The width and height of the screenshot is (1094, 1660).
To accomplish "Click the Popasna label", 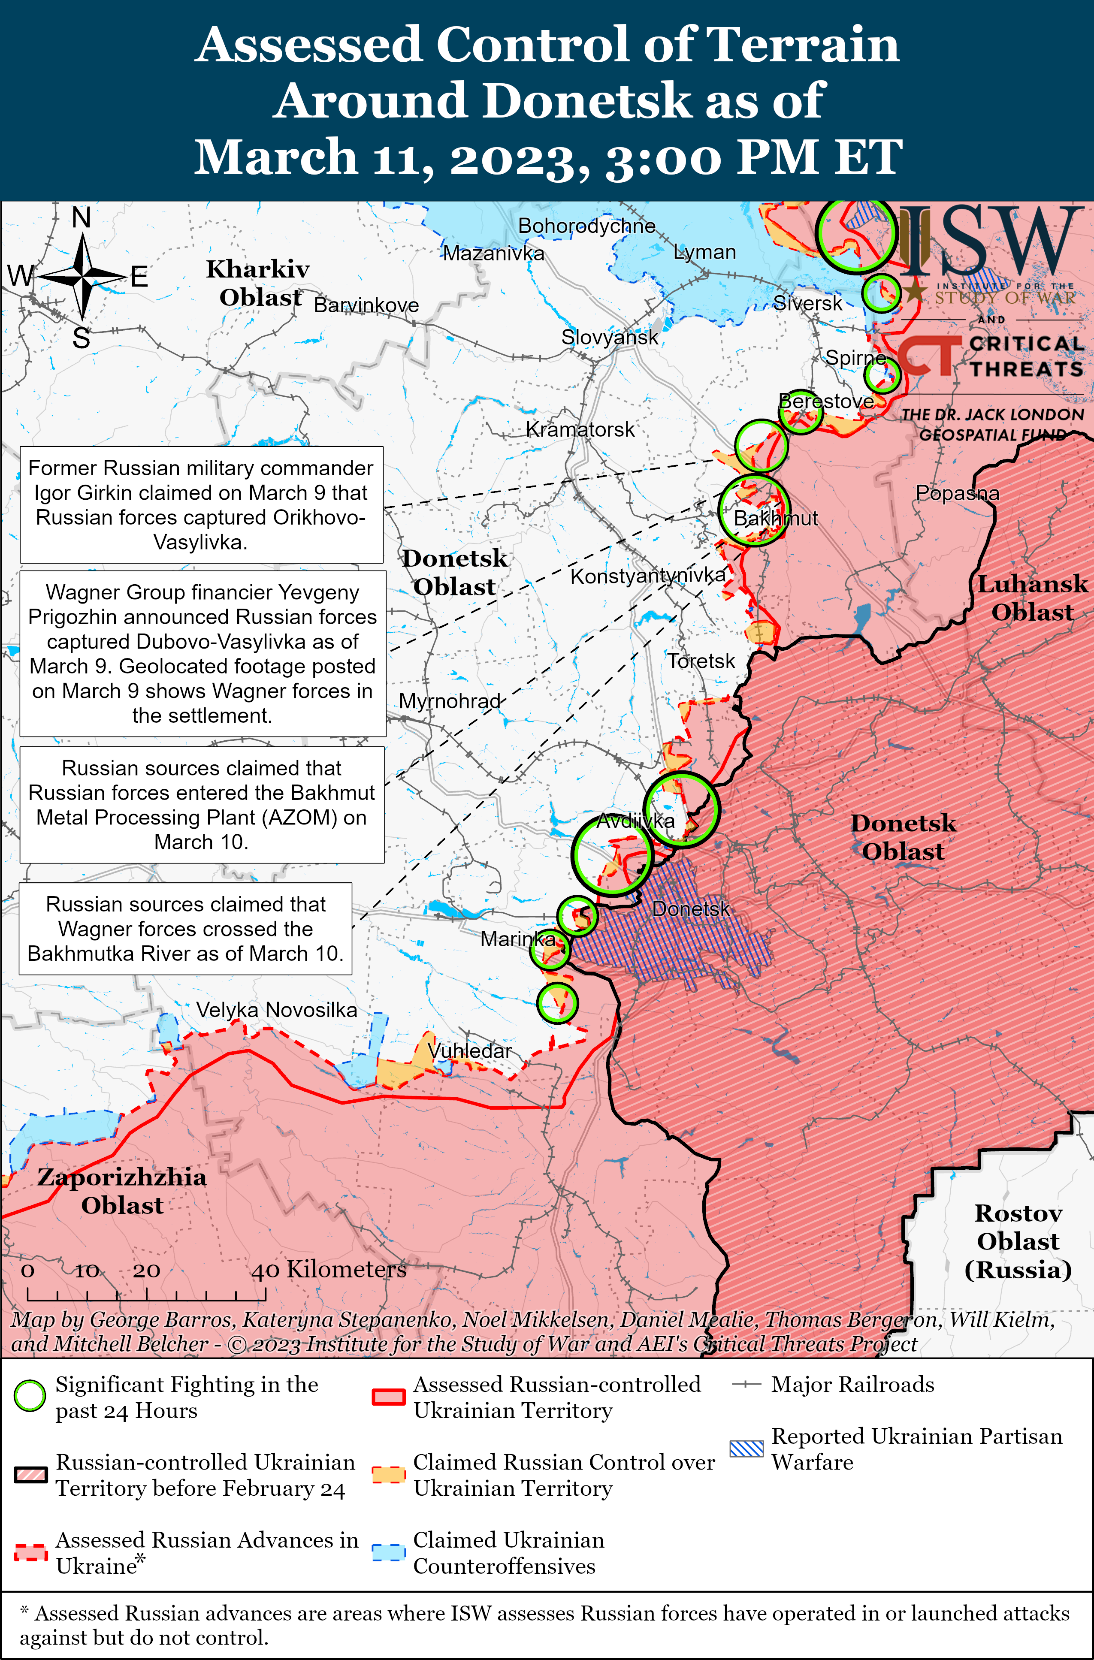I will point(957,493).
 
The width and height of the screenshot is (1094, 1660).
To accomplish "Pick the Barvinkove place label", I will point(366,305).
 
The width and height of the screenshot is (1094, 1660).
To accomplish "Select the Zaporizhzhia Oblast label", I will point(122,1191).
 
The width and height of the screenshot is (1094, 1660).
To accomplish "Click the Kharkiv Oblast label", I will point(258,283).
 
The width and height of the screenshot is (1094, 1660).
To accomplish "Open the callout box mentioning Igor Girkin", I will point(201,504).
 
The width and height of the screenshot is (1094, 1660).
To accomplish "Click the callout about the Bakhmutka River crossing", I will point(186,928).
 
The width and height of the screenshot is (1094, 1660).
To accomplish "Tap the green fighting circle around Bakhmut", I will point(753,510).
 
